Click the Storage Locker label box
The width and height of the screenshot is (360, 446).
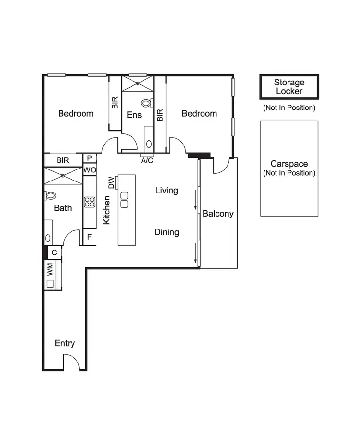point(289,87)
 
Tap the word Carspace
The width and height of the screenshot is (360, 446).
point(289,164)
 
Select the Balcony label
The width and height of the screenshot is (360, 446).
point(218,214)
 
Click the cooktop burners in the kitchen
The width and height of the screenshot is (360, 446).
point(89,202)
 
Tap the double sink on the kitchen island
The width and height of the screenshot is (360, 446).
point(124,199)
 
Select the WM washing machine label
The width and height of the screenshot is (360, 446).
point(49,269)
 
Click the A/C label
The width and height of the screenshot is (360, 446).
point(147,160)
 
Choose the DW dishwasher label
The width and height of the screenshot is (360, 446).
point(111,182)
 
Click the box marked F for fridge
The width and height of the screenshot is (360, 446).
point(89,237)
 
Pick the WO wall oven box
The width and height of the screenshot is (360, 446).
point(89,170)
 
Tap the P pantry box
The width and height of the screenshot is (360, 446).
point(89,158)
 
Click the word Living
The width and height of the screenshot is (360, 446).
point(167,190)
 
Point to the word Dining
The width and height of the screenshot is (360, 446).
point(167,232)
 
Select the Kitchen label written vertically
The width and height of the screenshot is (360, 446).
point(107,210)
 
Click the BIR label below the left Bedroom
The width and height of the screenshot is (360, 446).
point(63,160)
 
